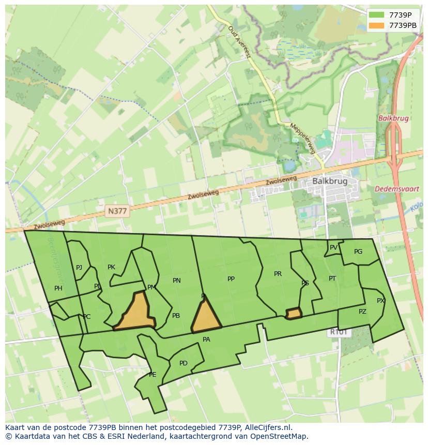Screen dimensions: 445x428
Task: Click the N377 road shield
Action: [x=117, y=211]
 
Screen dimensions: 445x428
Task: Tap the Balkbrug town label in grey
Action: [x=329, y=181]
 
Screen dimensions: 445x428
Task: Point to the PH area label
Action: [x=58, y=288]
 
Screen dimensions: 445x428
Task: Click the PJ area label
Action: [x=79, y=268]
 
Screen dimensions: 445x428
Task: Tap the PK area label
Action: [x=111, y=267]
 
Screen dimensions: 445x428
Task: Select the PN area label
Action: [x=177, y=281]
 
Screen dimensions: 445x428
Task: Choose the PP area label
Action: [x=231, y=279]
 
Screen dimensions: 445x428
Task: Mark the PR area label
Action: [x=278, y=274]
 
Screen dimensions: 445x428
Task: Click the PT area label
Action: [x=332, y=279]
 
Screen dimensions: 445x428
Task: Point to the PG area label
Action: [x=358, y=252]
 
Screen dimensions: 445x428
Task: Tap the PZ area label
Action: [x=362, y=312]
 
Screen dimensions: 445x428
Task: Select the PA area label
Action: [x=206, y=340]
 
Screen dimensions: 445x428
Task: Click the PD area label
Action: [x=184, y=363]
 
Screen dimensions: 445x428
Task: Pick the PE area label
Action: [x=152, y=375]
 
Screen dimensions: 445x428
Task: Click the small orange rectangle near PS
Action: [x=294, y=314]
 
